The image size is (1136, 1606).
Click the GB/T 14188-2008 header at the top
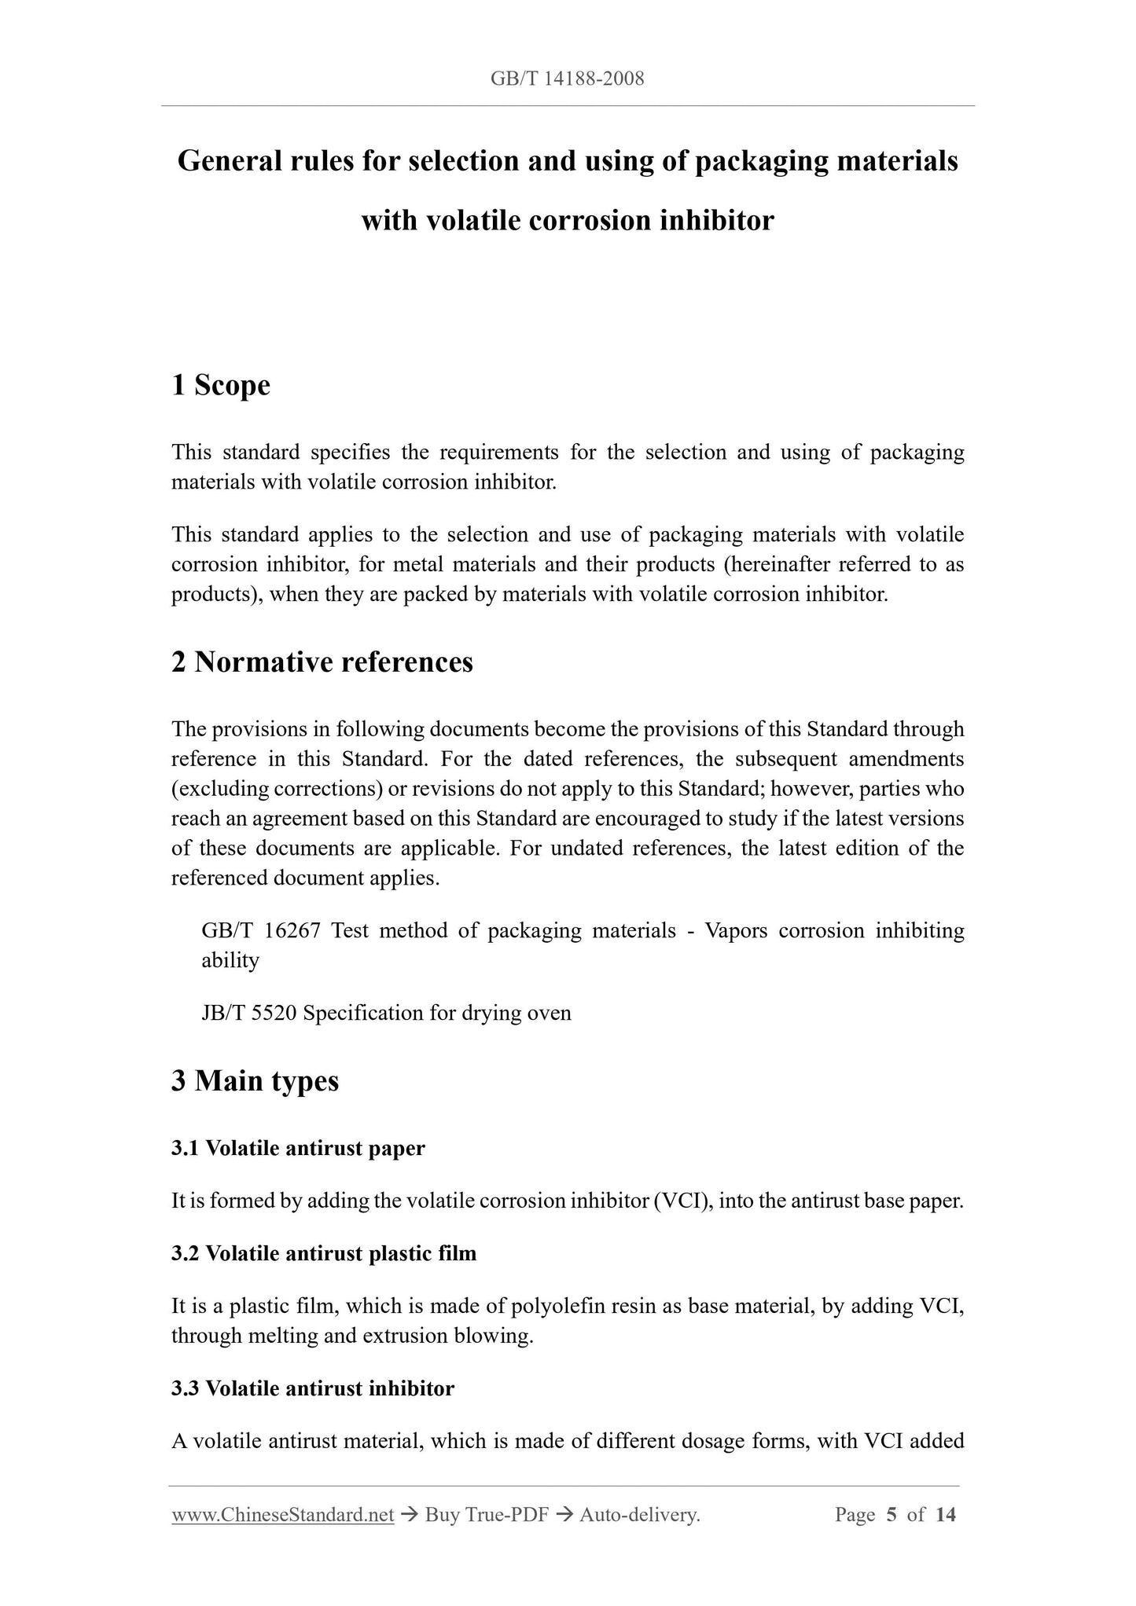tap(567, 79)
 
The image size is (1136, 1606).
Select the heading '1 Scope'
tap(221, 385)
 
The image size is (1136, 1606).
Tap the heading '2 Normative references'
tap(322, 662)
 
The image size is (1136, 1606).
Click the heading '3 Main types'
tap(256, 1080)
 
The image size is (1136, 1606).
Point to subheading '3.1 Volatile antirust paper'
tap(298, 1148)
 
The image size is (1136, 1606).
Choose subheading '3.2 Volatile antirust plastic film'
tap(324, 1252)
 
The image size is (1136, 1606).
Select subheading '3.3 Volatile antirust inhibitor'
tap(313, 1388)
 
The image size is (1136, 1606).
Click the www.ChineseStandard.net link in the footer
tap(282, 1515)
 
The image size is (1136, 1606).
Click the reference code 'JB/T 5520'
tap(248, 1013)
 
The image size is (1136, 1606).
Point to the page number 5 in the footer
tap(891, 1515)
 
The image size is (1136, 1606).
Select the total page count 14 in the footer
tap(946, 1515)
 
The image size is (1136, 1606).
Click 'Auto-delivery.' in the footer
tap(639, 1515)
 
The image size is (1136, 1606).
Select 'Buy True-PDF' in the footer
tap(487, 1515)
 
